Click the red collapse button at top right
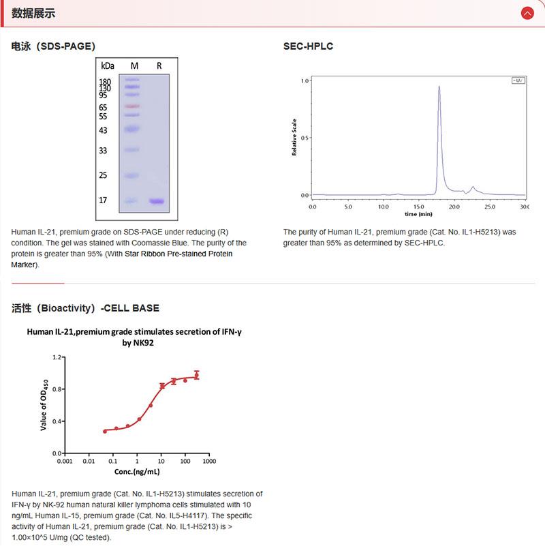point(527,13)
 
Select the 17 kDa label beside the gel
point(104,200)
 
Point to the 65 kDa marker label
point(103,107)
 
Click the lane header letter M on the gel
point(134,65)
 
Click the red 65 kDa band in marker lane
point(132,106)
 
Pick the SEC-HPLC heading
point(308,46)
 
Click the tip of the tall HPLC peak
point(439,87)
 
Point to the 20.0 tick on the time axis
point(454,205)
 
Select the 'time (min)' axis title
point(418,213)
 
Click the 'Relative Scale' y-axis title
point(294,137)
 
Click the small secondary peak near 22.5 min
point(473,187)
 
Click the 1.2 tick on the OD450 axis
point(57,357)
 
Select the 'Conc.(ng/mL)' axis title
point(137,472)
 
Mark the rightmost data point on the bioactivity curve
point(197,374)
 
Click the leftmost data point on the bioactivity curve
point(105,431)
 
